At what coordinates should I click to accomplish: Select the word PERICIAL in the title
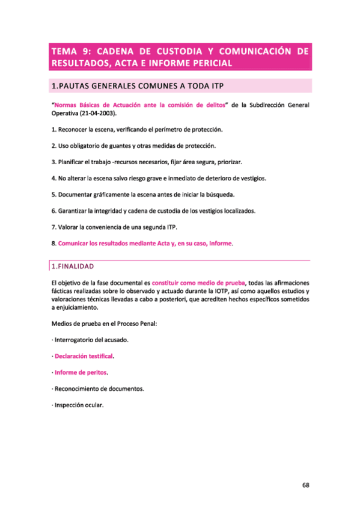[x=206, y=63]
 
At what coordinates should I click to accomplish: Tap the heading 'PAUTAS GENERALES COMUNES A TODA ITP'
[x=142, y=86]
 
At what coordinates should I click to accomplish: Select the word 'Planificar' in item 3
[x=72, y=162]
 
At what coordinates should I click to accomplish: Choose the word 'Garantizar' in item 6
[x=73, y=210]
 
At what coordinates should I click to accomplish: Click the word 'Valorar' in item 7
[x=69, y=227]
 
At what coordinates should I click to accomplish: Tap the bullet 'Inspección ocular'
[x=79, y=405]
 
